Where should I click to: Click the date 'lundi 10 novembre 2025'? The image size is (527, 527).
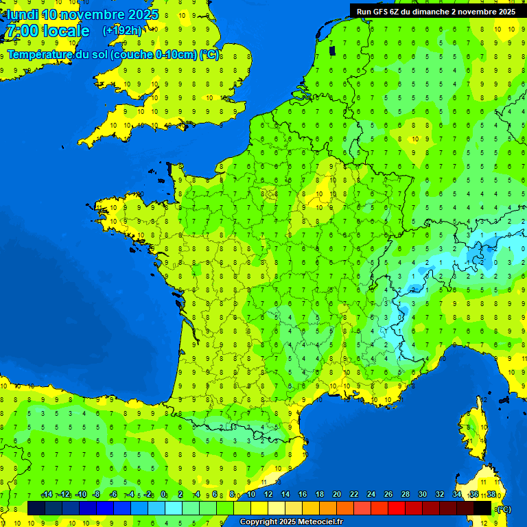[x=82, y=14]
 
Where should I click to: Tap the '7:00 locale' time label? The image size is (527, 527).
[x=47, y=31]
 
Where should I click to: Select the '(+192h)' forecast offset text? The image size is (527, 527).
[x=122, y=30]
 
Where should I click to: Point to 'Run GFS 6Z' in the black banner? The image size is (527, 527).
[x=378, y=12]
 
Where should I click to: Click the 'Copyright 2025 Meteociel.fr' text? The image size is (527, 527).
[x=291, y=522]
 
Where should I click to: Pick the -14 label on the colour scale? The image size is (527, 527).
[x=47, y=495]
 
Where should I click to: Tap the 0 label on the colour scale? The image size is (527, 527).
[x=163, y=495]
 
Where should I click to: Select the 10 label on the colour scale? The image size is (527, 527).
[x=251, y=495]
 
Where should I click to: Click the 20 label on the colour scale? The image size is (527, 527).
[x=337, y=495]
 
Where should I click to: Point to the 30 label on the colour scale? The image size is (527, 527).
[x=423, y=495]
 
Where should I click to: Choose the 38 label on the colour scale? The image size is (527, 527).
[x=491, y=495]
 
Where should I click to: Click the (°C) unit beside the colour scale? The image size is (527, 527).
[x=503, y=508]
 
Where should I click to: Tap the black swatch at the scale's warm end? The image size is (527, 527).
[x=482, y=508]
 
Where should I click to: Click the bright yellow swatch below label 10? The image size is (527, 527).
[x=259, y=508]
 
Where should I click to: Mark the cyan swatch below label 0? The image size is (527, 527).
[x=174, y=508]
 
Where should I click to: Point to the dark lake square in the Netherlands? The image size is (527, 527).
[x=333, y=50]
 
